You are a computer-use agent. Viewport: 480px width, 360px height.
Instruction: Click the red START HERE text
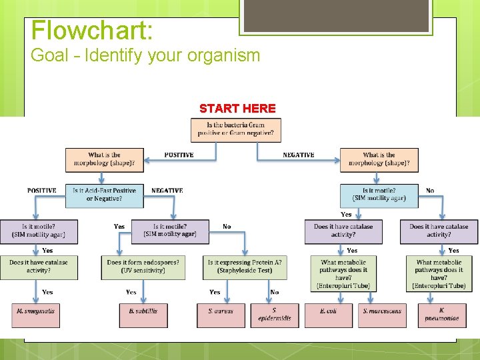[237, 108]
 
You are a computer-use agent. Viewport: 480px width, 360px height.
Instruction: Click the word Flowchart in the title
[92, 31]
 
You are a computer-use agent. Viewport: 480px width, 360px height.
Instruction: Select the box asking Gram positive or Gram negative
[235, 129]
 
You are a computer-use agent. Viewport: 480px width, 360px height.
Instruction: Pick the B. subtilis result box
[143, 315]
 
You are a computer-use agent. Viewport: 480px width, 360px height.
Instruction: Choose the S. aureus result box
[221, 315]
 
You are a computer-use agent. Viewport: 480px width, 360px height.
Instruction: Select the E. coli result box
[329, 315]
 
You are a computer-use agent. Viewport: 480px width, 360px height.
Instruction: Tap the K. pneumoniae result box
[442, 315]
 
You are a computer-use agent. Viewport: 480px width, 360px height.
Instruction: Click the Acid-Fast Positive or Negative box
[104, 195]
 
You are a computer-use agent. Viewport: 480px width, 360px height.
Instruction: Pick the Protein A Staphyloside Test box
[245, 267]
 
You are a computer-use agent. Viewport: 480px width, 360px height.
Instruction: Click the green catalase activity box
[38, 267]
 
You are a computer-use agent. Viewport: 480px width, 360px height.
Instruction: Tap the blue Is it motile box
[379, 195]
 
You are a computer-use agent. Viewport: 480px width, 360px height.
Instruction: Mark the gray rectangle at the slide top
[335, 16]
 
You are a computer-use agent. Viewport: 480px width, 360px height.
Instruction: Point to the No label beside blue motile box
[430, 191]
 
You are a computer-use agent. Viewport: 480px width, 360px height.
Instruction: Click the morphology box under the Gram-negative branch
[379, 159]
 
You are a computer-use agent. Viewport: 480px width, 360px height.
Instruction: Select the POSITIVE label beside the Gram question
[179, 155]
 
